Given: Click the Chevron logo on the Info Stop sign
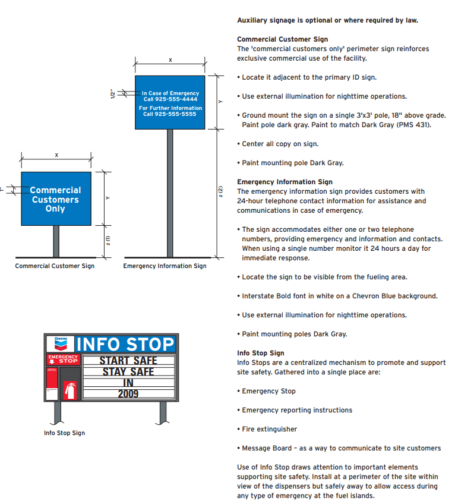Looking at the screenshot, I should coord(61,344).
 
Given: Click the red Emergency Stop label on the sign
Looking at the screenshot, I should coord(63,360).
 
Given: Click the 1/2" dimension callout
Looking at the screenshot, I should coord(112,94).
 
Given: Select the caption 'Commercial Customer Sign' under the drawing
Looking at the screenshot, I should coord(55,266).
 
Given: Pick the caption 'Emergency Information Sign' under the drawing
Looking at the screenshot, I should coord(165,266).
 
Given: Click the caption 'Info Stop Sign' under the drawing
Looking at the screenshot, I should coord(64,433).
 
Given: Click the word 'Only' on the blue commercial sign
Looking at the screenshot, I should coord(55,209).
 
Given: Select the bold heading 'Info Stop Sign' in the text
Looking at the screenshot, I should coord(260,353).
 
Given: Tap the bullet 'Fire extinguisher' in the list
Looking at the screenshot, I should coord(269,429).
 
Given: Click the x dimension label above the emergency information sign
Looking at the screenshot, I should coord(170,60).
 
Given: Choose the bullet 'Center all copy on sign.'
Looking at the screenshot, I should coord(280,144).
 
